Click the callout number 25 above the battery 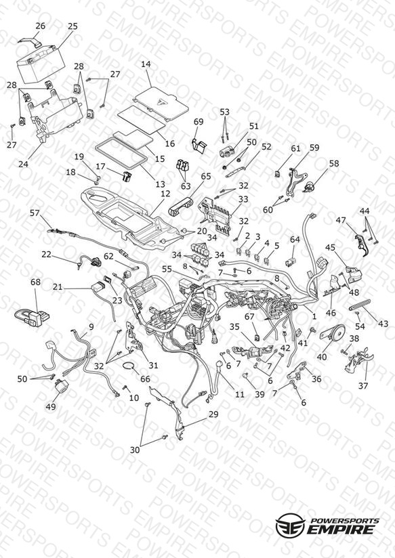pyautogui.click(x=72, y=26)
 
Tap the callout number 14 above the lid pyautogui.click(x=146, y=64)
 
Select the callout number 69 pyautogui.click(x=199, y=121)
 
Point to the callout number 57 pyautogui.click(x=35, y=213)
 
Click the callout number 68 pyautogui.click(x=36, y=282)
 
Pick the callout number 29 pyautogui.click(x=213, y=414)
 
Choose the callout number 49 pyautogui.click(x=51, y=406)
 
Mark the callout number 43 pyautogui.click(x=383, y=324)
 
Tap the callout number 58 pyautogui.click(x=334, y=163)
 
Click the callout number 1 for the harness pyautogui.click(x=314, y=316)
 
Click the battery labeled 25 pyautogui.click(x=41, y=64)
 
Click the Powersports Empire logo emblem pyautogui.click(x=290, y=524)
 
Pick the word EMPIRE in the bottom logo pyautogui.click(x=341, y=529)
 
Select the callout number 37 pyautogui.click(x=363, y=385)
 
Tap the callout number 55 pyautogui.click(x=167, y=269)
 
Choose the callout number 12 pyautogui.click(x=165, y=194)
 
